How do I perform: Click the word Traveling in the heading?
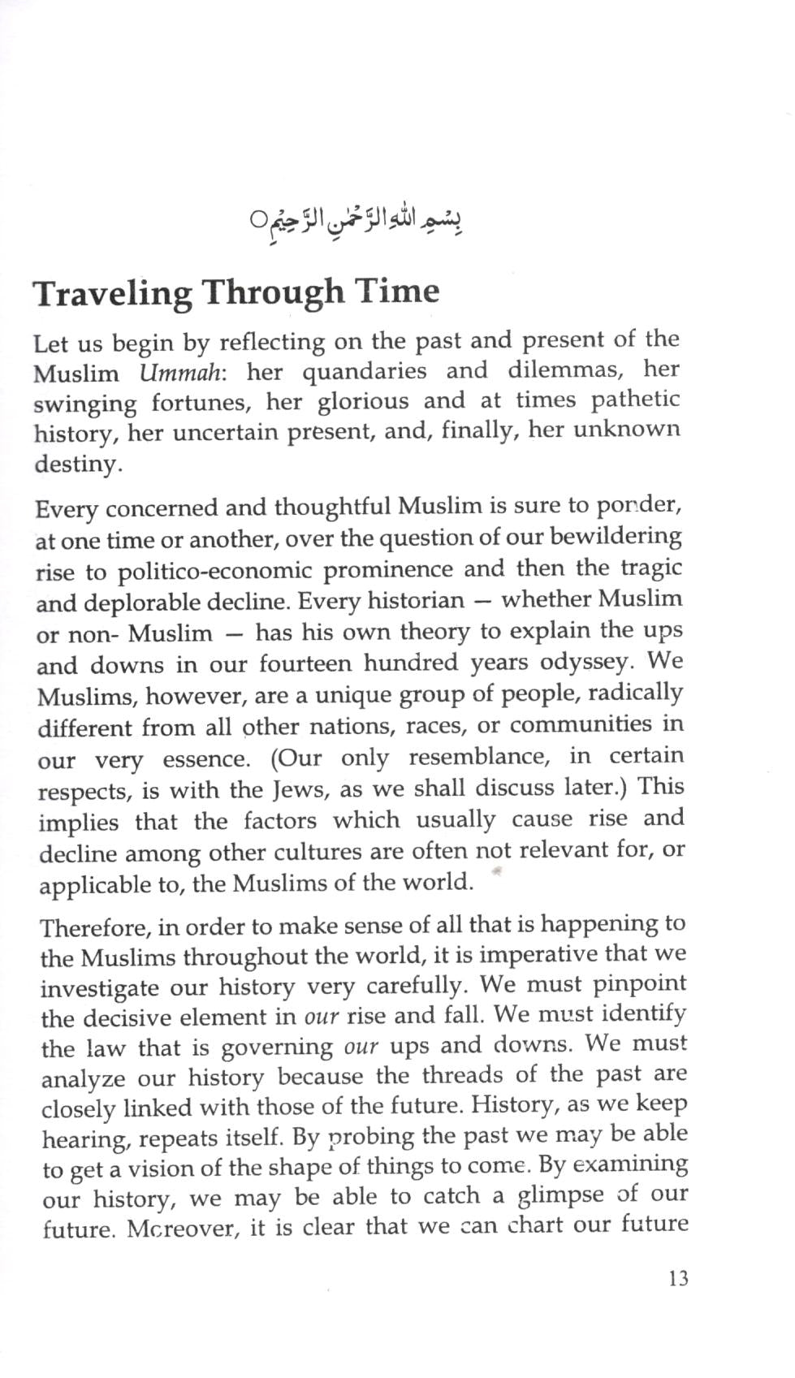112,293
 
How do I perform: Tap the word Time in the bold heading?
398,290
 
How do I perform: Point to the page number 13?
678,1279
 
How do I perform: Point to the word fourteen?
305,663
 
